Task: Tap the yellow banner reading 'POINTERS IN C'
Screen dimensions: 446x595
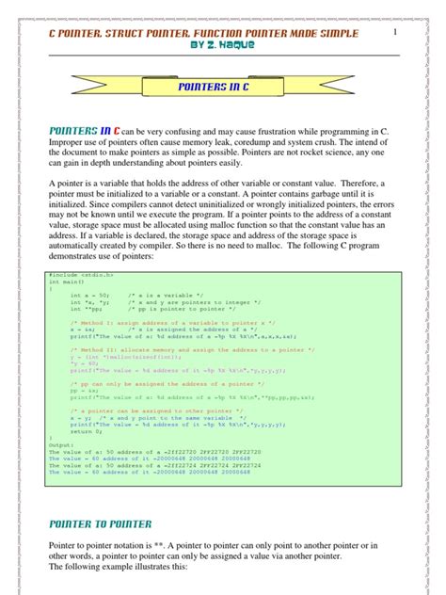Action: [222, 86]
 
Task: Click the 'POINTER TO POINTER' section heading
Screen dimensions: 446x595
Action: [99, 523]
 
